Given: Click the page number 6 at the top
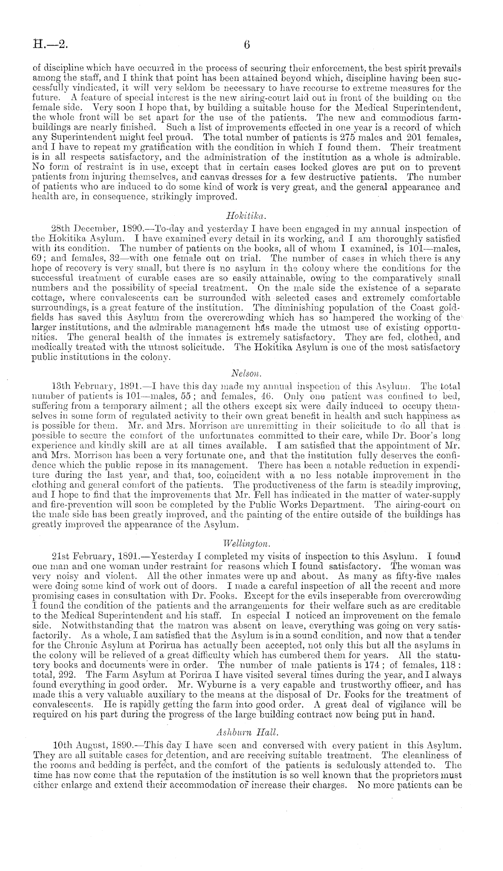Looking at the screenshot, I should [x=247, y=45].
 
